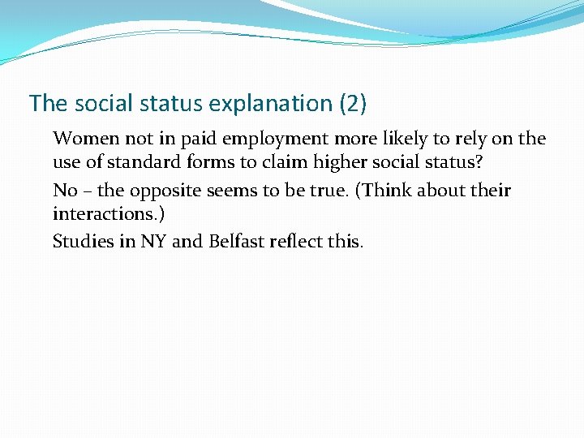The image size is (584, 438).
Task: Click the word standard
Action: pyautogui.click(x=141, y=162)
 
